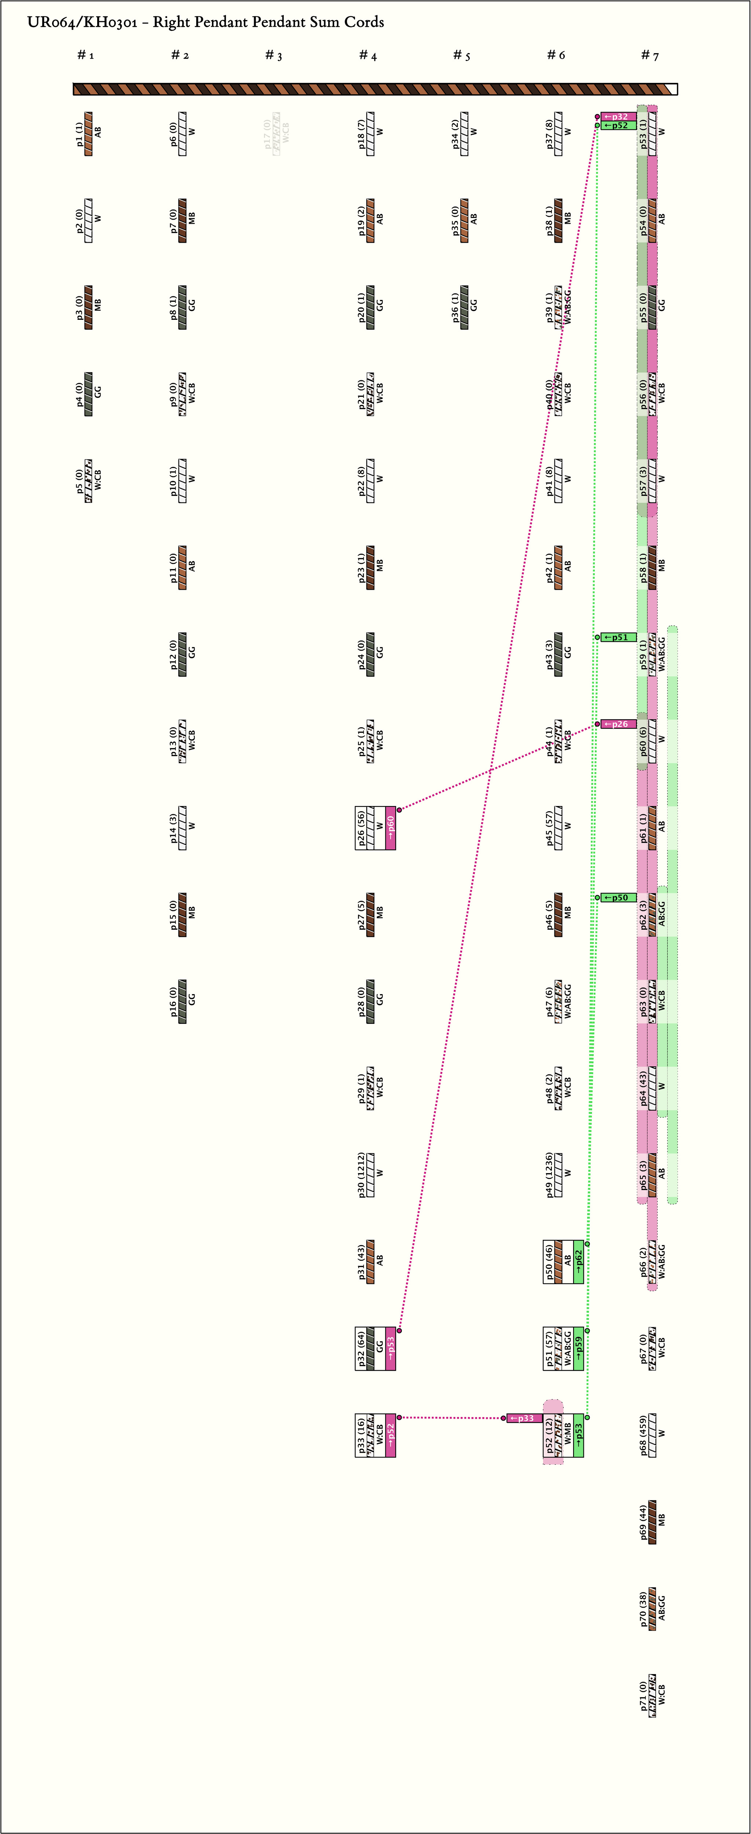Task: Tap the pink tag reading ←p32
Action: point(618,116)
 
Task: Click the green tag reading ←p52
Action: point(618,125)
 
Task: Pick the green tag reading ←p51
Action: point(618,637)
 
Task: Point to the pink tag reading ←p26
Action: point(618,724)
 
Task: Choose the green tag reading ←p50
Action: point(618,898)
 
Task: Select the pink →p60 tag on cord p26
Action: point(390,828)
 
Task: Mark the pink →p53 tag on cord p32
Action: point(390,1348)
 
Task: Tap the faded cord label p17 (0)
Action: point(268,134)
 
